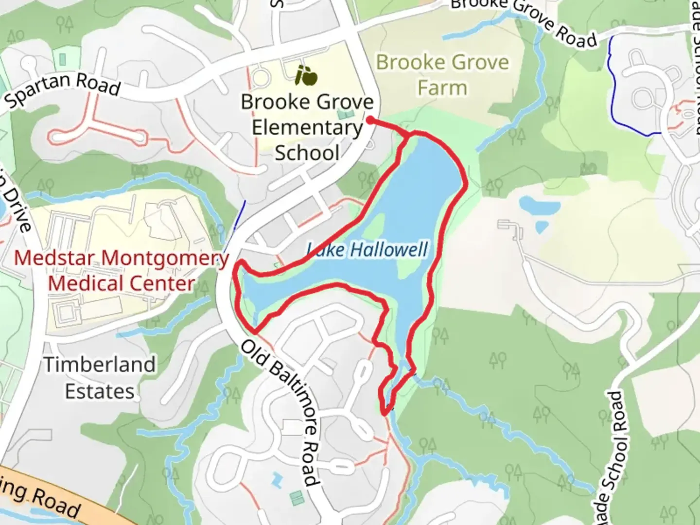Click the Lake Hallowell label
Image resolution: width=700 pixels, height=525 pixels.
(x=367, y=250)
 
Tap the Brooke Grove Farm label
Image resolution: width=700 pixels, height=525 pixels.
(x=442, y=75)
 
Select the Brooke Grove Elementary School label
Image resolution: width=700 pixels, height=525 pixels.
(x=307, y=127)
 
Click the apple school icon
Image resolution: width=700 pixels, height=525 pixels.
(x=306, y=75)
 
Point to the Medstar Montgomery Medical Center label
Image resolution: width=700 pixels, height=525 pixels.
(x=122, y=270)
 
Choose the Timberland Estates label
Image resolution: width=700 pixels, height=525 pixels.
(x=100, y=378)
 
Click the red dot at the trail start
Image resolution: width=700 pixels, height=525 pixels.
(x=370, y=120)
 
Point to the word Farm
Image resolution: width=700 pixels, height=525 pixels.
(x=442, y=88)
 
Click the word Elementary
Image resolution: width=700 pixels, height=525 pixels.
(x=307, y=127)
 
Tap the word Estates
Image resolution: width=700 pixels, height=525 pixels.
(x=100, y=391)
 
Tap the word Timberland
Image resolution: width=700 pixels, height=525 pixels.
(x=100, y=365)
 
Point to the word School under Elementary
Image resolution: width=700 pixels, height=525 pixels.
(x=307, y=153)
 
